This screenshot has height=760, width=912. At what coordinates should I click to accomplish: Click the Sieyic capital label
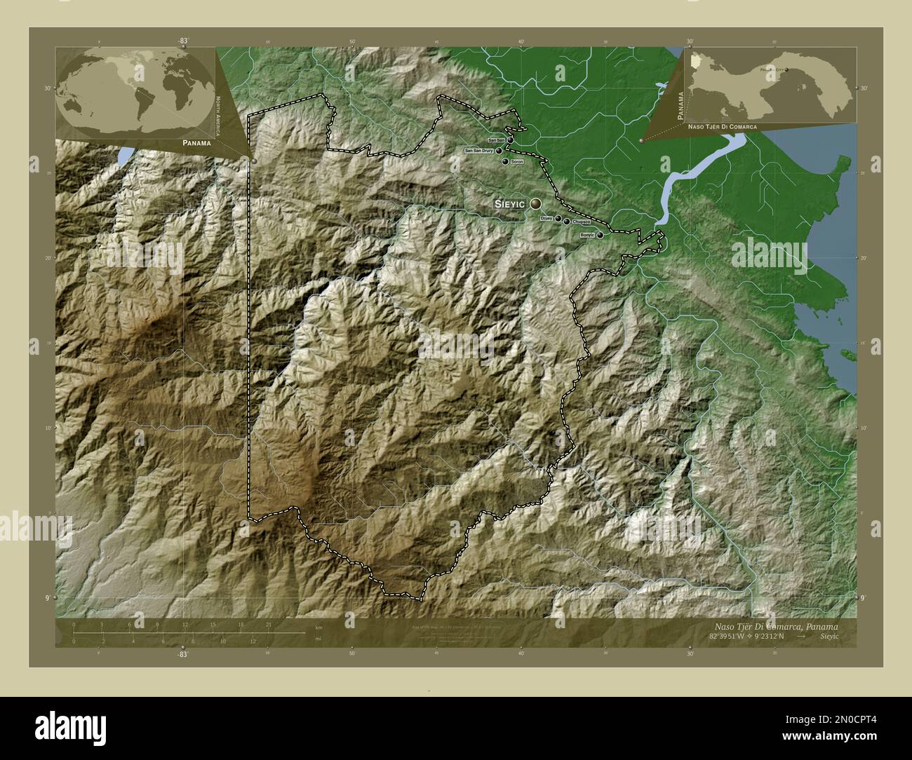(x=510, y=204)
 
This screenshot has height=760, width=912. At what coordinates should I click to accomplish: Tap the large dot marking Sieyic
(x=536, y=203)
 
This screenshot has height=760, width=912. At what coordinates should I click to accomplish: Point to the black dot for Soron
(x=504, y=162)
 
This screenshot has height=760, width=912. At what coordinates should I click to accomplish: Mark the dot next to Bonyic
(x=600, y=236)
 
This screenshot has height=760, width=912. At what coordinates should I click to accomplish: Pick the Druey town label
(x=546, y=219)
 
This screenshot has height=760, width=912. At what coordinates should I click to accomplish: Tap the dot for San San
(x=510, y=140)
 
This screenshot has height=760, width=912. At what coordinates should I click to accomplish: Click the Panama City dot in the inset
(x=786, y=69)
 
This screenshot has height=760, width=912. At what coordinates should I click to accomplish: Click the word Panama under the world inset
(x=194, y=142)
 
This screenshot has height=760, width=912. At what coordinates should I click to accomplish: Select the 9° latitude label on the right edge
(x=861, y=597)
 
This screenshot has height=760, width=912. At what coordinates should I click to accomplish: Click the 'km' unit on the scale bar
(x=318, y=626)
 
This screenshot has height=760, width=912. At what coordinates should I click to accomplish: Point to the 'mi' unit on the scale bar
(x=318, y=639)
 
